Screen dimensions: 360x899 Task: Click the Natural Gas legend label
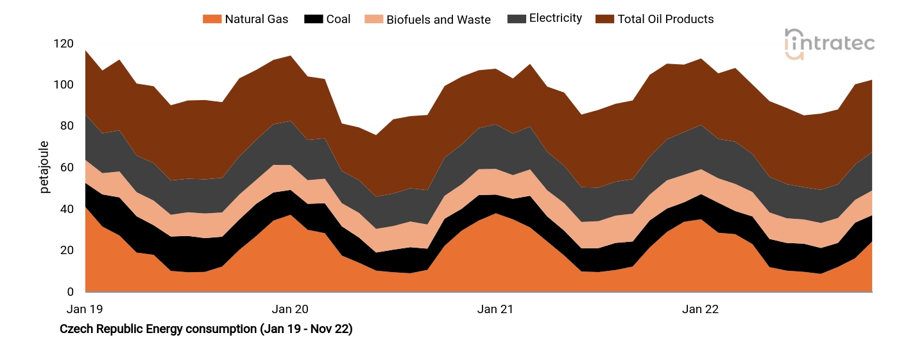point(256,19)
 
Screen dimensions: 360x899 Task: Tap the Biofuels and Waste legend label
point(438,20)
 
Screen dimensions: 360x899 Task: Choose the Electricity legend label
point(555,19)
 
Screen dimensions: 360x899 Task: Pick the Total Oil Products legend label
point(665,19)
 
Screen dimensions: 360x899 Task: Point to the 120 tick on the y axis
point(64,44)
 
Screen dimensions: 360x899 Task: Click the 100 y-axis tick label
point(64,85)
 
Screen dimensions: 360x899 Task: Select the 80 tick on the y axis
point(67,126)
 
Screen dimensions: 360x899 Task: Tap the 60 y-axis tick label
point(67,168)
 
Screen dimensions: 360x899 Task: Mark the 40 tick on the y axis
point(67,209)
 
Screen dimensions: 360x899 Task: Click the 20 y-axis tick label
point(67,251)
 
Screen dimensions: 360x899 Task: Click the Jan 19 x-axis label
point(85,309)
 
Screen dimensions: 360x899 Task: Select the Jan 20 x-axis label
point(291,309)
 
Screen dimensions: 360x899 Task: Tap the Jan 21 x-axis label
point(495,309)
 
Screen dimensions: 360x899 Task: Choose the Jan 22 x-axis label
point(700,309)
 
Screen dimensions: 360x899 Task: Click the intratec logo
point(829,44)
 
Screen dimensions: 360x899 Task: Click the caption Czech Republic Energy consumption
point(206,329)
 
